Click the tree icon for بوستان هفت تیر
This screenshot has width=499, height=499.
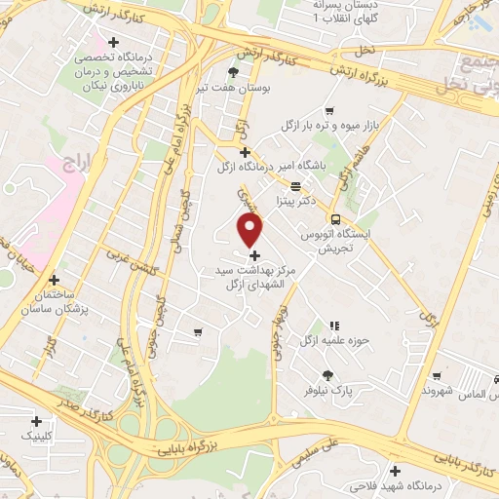[232, 71]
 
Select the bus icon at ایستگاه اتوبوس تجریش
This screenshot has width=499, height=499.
[336, 220]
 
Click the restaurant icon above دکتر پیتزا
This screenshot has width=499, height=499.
[295, 183]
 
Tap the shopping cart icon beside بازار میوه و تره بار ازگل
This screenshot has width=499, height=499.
[329, 110]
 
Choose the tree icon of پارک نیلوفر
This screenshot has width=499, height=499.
[327, 375]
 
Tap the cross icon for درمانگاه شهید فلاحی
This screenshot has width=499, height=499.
[395, 469]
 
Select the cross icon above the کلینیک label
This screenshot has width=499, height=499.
[37, 422]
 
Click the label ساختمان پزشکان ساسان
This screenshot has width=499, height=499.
[49, 301]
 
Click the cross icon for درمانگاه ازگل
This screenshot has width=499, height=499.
[246, 152]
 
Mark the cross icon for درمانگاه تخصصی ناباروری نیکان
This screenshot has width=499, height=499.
[114, 43]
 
